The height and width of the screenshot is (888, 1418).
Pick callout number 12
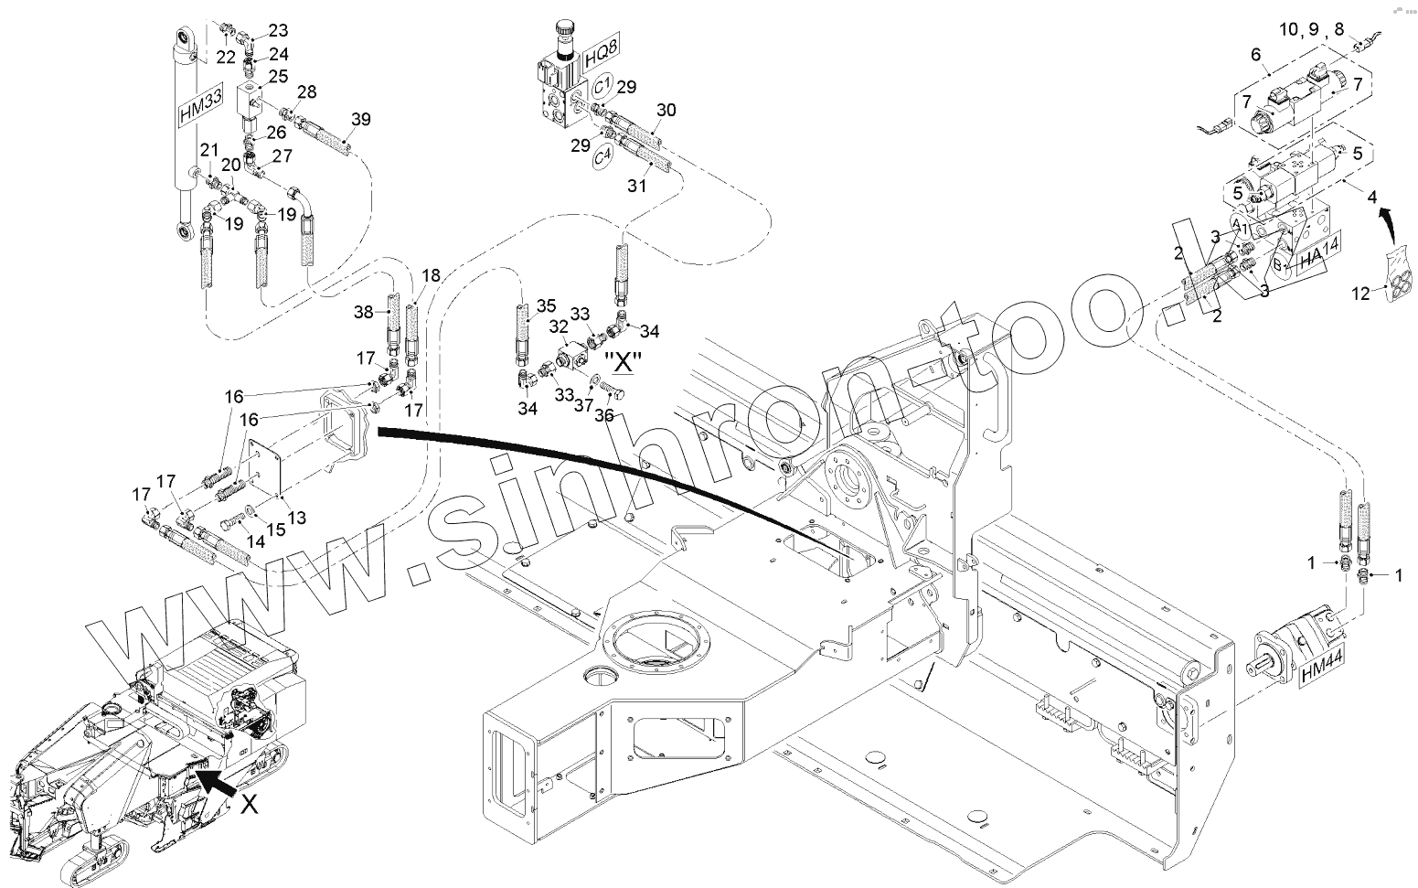(x=1361, y=293)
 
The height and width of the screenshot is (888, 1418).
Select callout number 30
(x=666, y=110)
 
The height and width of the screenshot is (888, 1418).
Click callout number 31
(x=636, y=186)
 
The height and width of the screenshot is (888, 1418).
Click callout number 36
(x=604, y=414)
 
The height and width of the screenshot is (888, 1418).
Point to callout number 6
(x=1256, y=55)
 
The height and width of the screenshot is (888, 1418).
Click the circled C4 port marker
(x=601, y=157)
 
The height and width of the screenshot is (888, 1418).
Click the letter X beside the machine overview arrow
(x=249, y=804)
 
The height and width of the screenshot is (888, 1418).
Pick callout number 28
(x=307, y=91)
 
